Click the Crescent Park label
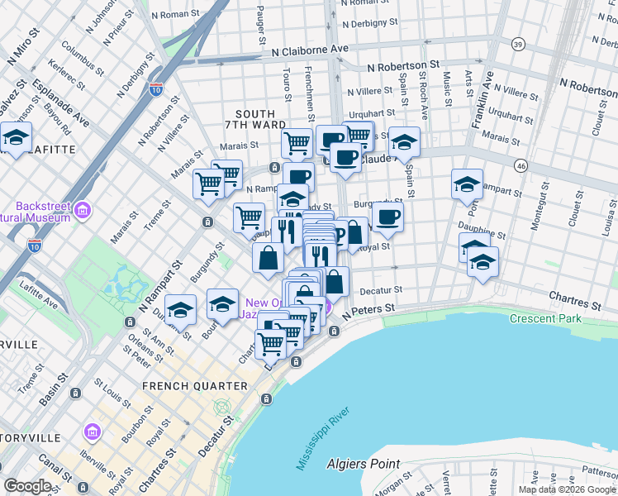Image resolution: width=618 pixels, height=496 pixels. [x=545, y=318]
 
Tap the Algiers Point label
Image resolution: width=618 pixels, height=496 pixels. [x=363, y=465]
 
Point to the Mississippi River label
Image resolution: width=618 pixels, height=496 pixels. [x=325, y=438]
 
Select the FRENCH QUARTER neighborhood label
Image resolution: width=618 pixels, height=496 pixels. [x=194, y=386]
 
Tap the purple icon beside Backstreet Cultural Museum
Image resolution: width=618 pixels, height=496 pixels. [x=82, y=212]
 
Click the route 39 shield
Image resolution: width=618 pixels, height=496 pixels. [x=518, y=44]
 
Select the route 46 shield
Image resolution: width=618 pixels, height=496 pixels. [x=520, y=166]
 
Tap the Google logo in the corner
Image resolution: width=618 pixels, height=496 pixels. [x=27, y=486]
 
